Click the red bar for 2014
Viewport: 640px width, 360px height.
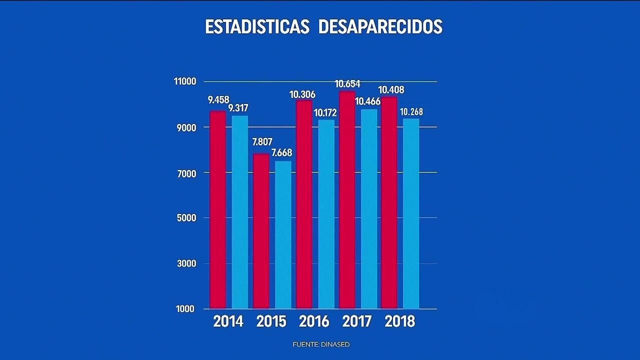(x=217, y=210)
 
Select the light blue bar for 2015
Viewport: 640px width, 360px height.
(x=283, y=235)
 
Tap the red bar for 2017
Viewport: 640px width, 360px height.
(x=347, y=200)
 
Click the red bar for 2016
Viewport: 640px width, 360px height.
(x=304, y=204)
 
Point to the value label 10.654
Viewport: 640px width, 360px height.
(x=347, y=84)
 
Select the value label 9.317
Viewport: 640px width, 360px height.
(x=238, y=108)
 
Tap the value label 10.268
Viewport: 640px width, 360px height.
(x=411, y=111)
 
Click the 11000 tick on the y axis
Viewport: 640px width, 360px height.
(x=186, y=81)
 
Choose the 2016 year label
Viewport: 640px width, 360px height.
(x=314, y=321)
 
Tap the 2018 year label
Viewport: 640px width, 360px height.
(x=400, y=321)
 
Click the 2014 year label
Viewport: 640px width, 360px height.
(x=228, y=321)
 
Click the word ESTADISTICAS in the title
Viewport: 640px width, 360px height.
(x=257, y=26)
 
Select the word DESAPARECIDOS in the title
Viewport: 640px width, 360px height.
(x=380, y=26)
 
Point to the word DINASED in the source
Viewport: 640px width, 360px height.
(x=335, y=344)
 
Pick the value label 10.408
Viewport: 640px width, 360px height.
(x=391, y=90)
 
